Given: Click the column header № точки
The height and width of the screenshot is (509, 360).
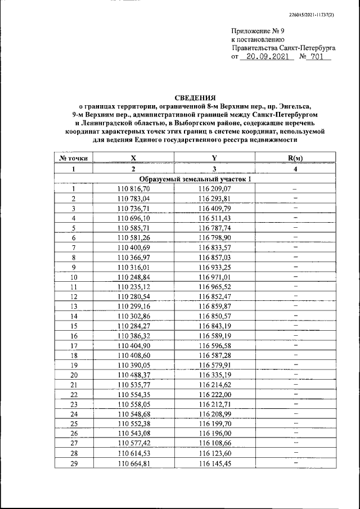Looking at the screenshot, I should pos(73,159).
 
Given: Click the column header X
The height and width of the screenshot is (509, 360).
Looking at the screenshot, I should pos(133,159).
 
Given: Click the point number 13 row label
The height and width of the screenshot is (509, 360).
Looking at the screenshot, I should pos(74,306).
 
